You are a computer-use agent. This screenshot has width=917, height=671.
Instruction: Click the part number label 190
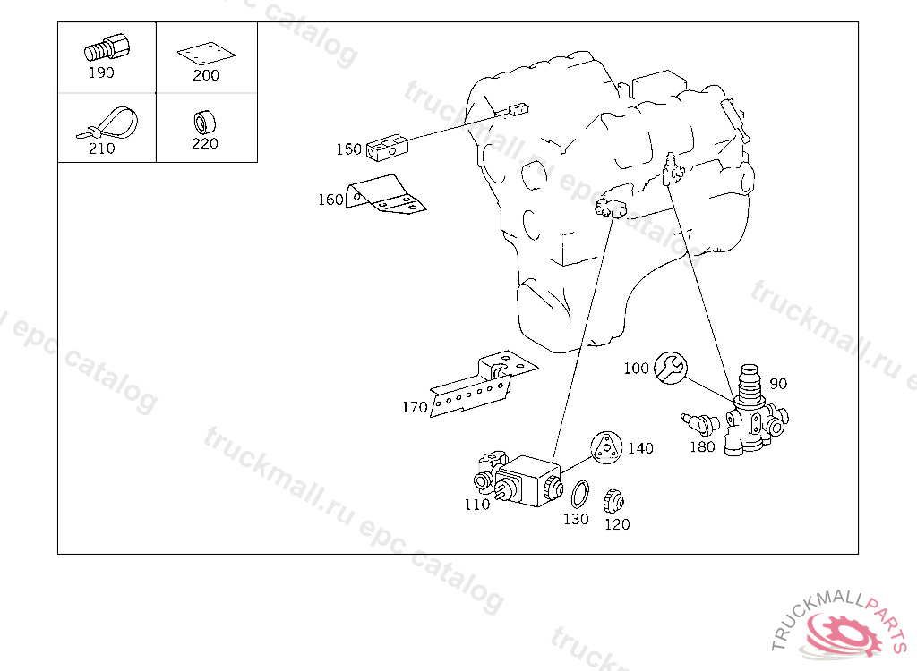pyautogui.click(x=101, y=72)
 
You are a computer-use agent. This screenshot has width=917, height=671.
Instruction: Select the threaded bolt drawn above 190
pyautogui.click(x=107, y=47)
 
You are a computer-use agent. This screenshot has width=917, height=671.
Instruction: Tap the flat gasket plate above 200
pyautogui.click(x=206, y=53)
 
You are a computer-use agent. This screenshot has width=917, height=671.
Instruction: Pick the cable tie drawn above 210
pyautogui.click(x=108, y=123)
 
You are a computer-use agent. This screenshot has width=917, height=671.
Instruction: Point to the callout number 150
pyautogui.click(x=348, y=149)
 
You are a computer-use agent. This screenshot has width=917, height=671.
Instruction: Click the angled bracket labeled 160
pyautogui.click(x=385, y=195)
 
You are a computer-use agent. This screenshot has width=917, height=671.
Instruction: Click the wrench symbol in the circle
pyautogui.click(x=670, y=368)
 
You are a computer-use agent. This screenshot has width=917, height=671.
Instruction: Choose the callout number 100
pyautogui.click(x=637, y=369)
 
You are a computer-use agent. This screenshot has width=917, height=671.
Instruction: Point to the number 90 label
pyautogui.click(x=778, y=384)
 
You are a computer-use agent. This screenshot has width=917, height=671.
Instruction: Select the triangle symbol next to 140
pyautogui.click(x=606, y=448)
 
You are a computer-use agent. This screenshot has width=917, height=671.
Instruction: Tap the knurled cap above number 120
pyautogui.click(x=614, y=501)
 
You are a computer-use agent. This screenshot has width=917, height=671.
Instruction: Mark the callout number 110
pyautogui.click(x=477, y=504)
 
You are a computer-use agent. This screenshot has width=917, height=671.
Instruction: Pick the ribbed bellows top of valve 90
pyautogui.click(x=750, y=384)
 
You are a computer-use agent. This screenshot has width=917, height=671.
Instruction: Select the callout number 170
pyautogui.click(x=415, y=407)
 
